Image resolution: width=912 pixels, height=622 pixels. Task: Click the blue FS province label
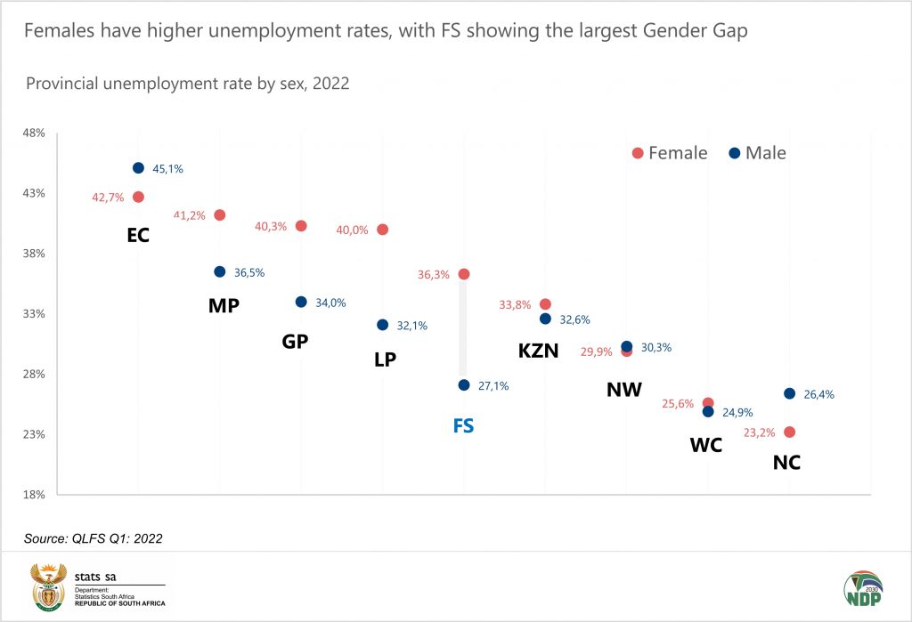point(463,425)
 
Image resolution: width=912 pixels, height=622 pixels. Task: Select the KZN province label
point(538,351)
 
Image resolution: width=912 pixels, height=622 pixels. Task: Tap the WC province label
point(705,445)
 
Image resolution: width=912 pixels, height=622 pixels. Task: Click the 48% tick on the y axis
point(34,133)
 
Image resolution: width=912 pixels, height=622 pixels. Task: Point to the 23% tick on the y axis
point(34,434)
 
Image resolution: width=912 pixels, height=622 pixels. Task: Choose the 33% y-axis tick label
point(34,314)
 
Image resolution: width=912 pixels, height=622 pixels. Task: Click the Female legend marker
point(638,153)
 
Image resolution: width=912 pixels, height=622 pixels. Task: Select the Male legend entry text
point(766,153)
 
